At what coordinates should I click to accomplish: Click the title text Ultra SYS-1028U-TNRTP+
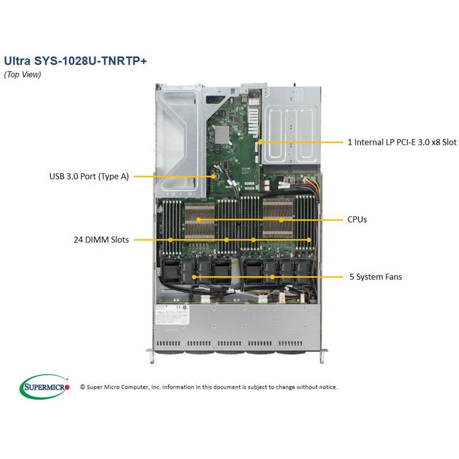[x=75, y=61]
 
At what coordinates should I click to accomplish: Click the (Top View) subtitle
[x=22, y=75]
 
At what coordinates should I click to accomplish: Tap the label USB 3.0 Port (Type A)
[x=89, y=177]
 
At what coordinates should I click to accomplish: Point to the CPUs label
[x=357, y=219]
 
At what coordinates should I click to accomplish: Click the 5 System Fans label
[x=376, y=277]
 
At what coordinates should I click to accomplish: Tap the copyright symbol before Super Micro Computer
[x=83, y=387]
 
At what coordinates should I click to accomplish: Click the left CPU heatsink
[x=199, y=220]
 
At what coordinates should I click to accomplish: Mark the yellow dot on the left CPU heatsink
[x=199, y=219]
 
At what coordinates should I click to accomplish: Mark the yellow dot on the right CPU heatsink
[x=281, y=219]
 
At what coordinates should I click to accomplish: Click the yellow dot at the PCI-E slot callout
[x=259, y=141]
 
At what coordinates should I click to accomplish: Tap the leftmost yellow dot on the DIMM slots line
[x=171, y=240]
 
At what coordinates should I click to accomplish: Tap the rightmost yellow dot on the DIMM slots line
[x=309, y=240]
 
